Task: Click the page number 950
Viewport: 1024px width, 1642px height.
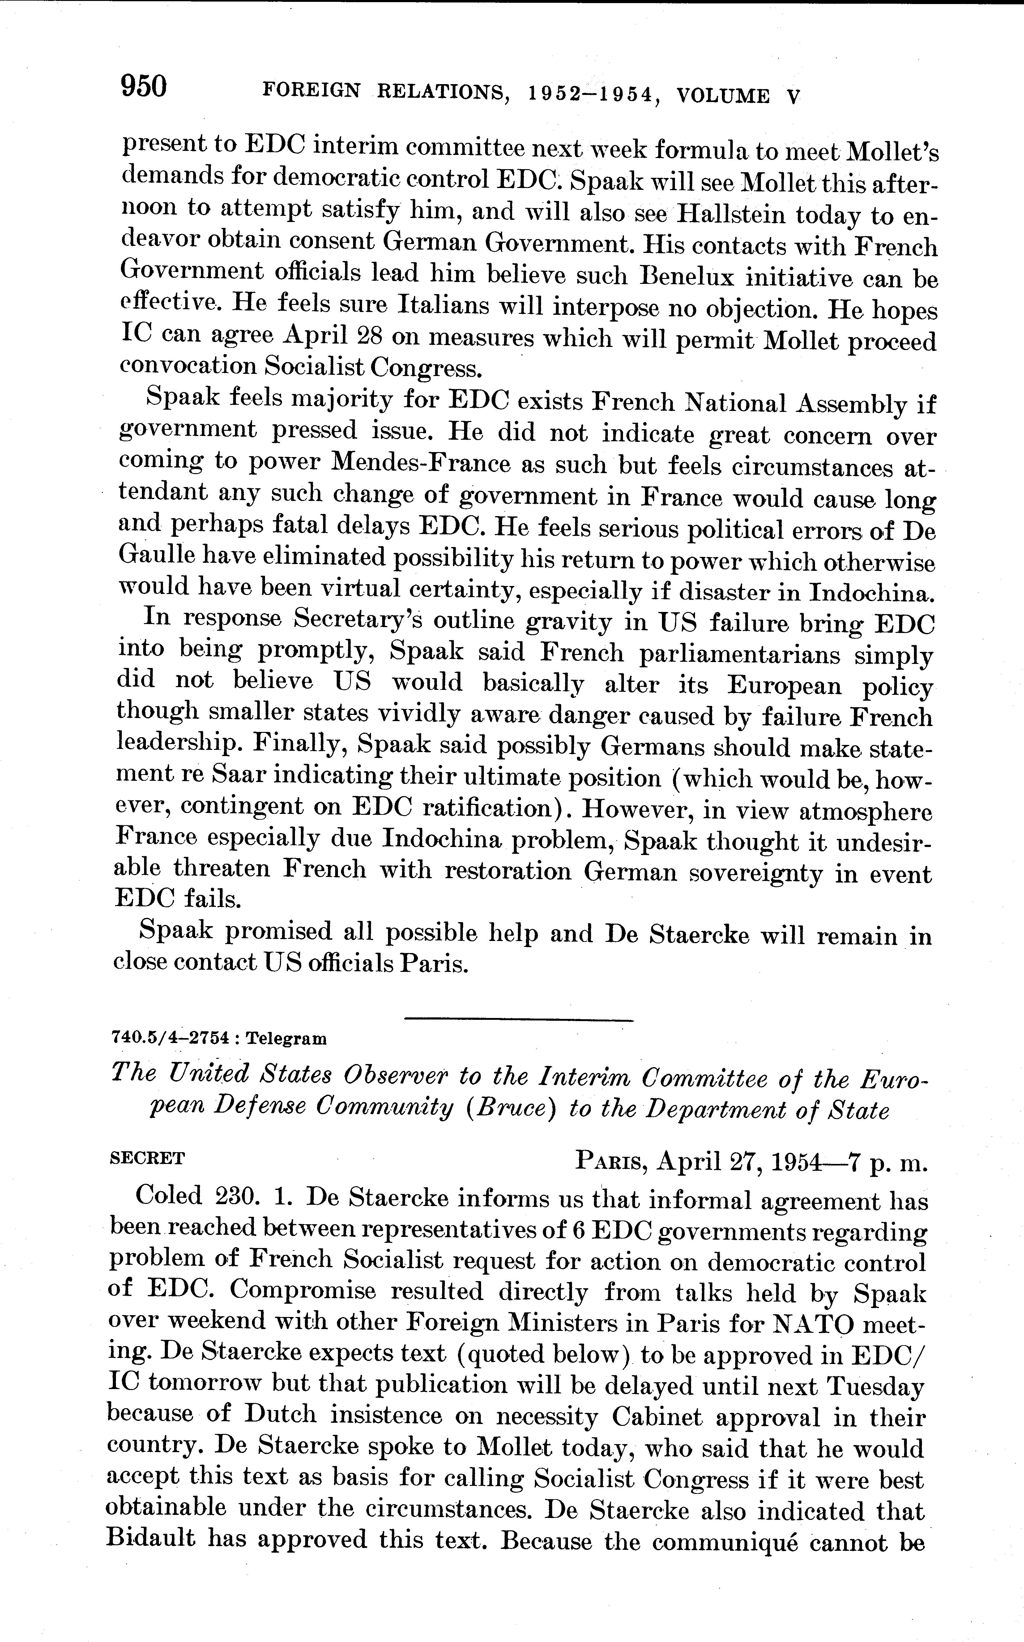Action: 143,87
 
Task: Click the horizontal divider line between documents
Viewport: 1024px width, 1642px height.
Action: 518,1020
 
